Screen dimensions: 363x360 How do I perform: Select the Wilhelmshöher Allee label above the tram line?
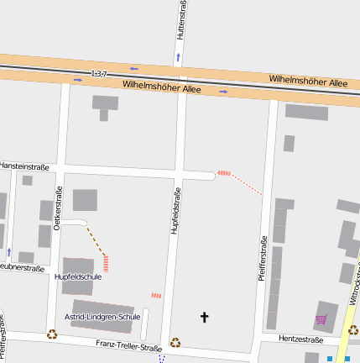308,80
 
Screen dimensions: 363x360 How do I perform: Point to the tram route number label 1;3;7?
100,74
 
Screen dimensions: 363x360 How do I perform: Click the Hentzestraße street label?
300,339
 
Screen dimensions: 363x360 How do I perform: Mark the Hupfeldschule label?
78,276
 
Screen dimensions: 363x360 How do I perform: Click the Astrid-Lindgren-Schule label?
102,317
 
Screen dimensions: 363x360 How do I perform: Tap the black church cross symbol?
203,317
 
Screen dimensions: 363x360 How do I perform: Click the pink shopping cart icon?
321,319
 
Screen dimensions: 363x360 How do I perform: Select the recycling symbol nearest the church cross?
175,342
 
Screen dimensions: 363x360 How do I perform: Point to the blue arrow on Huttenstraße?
178,58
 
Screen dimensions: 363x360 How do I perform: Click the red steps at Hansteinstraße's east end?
223,173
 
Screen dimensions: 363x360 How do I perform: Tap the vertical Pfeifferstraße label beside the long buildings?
263,261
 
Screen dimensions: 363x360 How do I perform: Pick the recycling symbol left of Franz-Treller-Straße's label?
52,334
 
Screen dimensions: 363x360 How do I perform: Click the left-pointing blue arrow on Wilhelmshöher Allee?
133,68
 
